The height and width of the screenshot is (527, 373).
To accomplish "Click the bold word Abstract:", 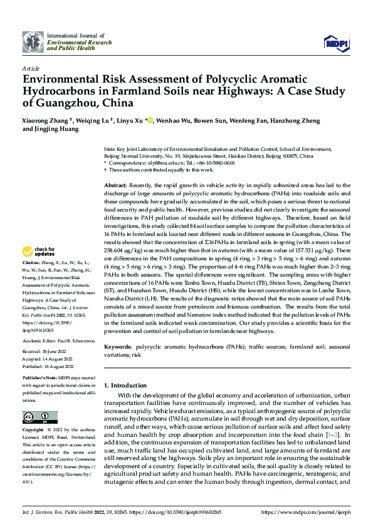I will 115,187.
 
